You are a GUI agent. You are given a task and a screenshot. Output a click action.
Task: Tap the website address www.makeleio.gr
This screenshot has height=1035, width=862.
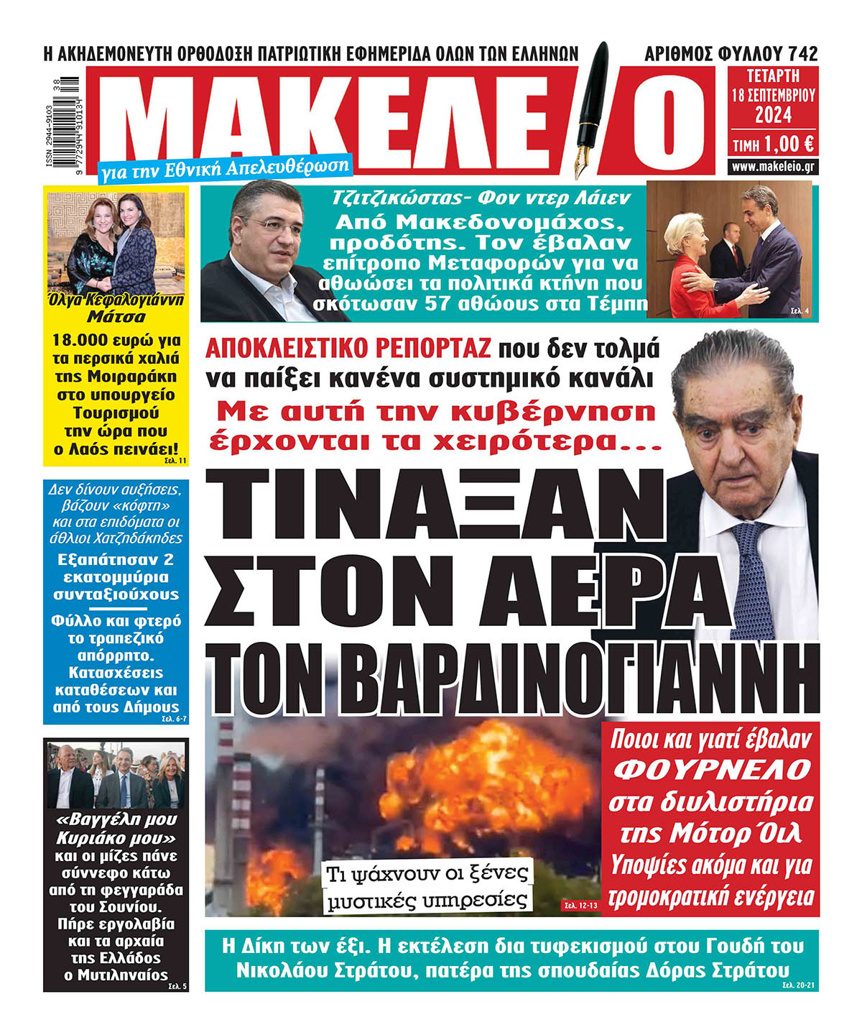tap(773, 167)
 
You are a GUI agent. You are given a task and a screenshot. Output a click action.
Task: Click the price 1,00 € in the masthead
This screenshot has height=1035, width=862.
tap(789, 144)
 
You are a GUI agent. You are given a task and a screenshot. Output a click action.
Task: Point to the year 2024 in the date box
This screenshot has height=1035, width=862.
tap(773, 114)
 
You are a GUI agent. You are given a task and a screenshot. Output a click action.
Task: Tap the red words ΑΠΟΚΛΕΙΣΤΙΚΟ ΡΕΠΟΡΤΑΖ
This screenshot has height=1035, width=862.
tap(348, 348)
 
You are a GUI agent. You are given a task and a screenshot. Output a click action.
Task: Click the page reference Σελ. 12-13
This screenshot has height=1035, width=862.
tap(578, 905)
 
